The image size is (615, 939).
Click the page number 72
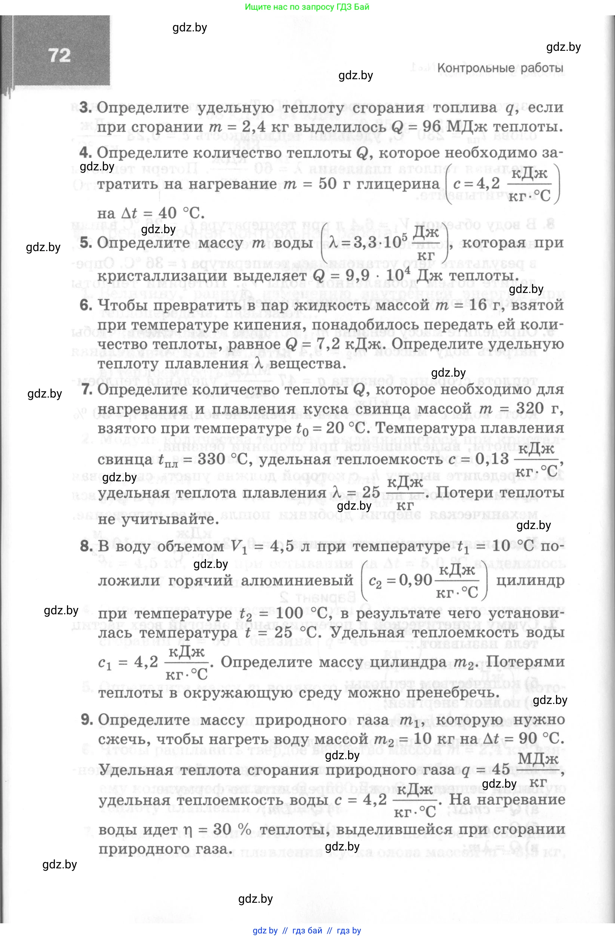(59, 56)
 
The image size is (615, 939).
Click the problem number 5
(85, 243)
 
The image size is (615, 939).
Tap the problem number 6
(85, 305)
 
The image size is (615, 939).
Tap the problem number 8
(86, 546)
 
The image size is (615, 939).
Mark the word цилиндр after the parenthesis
(530, 580)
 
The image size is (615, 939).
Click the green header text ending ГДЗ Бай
(307, 7)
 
